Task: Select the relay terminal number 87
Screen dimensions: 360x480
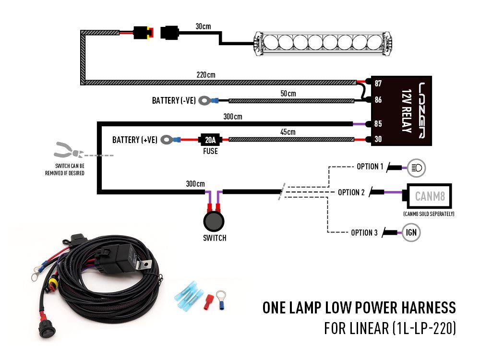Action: (x=378, y=84)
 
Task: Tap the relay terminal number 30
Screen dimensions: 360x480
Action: (x=378, y=140)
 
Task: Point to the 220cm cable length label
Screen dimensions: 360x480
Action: (x=205, y=75)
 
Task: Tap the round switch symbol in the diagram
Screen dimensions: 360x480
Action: (x=213, y=222)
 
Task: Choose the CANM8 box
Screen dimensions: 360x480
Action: (x=429, y=196)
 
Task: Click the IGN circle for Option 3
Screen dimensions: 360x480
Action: (x=411, y=233)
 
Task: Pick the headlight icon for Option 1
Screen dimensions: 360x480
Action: (x=416, y=168)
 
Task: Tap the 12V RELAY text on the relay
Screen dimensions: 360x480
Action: (x=405, y=111)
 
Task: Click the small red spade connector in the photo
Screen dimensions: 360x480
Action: (x=208, y=301)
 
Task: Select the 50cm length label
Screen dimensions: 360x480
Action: (x=288, y=93)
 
